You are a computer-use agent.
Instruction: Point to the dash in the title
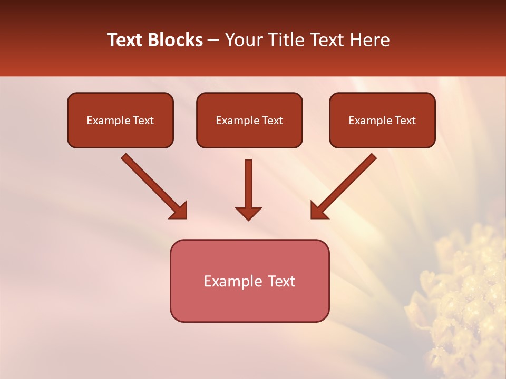tap(213, 41)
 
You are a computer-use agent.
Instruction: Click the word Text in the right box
tap(405, 121)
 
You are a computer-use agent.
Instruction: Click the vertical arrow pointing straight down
tap(248, 184)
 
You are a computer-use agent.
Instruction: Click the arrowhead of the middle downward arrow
tap(248, 213)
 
